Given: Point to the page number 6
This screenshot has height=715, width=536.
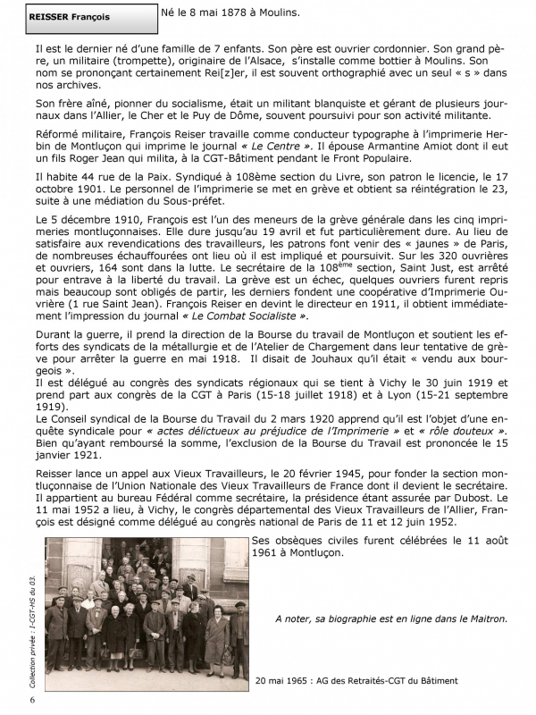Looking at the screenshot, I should [x=32, y=700].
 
